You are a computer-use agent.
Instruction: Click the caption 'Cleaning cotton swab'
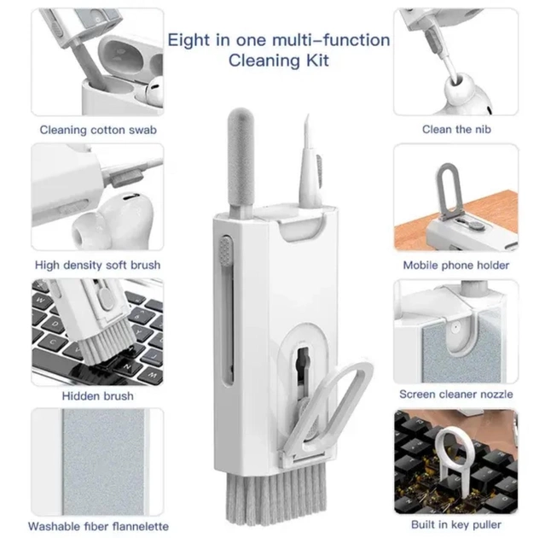(x=98, y=130)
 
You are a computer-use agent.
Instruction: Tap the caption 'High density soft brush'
(x=98, y=266)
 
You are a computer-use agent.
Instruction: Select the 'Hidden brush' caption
(x=98, y=396)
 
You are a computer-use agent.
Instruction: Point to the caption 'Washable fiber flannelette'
(x=98, y=526)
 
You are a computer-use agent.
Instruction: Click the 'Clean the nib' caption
(x=456, y=130)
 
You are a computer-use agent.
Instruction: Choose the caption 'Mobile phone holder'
(x=456, y=266)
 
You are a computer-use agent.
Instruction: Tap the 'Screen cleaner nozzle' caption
(x=456, y=395)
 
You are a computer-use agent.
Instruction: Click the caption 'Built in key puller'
(x=456, y=524)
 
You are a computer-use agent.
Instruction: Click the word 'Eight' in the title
(x=188, y=41)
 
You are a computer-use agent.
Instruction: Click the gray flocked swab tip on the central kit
(x=241, y=156)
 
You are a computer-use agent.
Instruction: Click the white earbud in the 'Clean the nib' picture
(x=466, y=94)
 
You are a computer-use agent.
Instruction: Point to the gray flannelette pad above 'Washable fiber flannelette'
(x=103, y=462)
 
